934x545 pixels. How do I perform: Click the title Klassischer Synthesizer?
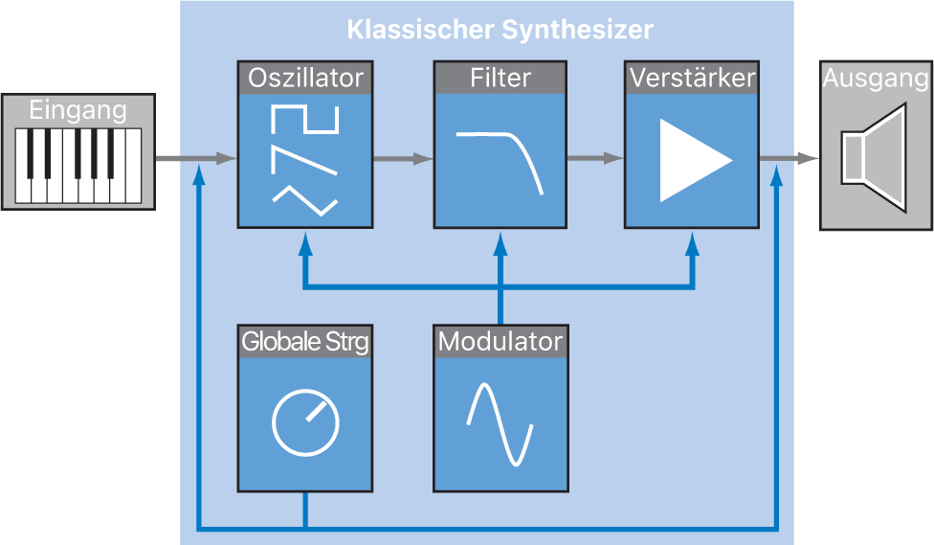coord(500,30)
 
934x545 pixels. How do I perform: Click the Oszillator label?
coord(304,78)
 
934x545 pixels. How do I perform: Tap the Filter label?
coord(500,78)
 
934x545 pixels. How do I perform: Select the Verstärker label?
coord(691,78)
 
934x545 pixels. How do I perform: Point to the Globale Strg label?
coord(304,341)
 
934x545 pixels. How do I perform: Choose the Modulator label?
coord(500,341)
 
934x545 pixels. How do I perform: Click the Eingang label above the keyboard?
coord(77,110)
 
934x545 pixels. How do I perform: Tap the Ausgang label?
coord(876,79)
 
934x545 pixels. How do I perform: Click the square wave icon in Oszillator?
coord(304,120)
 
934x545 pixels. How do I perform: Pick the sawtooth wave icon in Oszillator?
coord(304,159)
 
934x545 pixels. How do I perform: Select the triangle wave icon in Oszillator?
coord(304,198)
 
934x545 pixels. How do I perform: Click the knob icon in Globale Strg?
coord(304,422)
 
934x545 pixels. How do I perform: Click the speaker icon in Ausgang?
coord(873,158)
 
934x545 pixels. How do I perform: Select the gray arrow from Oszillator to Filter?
coord(402,159)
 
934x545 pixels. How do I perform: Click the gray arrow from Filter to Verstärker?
coord(595,159)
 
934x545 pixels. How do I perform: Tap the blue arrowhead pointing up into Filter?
coord(499,244)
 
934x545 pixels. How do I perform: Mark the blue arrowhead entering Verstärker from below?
coord(692,244)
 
